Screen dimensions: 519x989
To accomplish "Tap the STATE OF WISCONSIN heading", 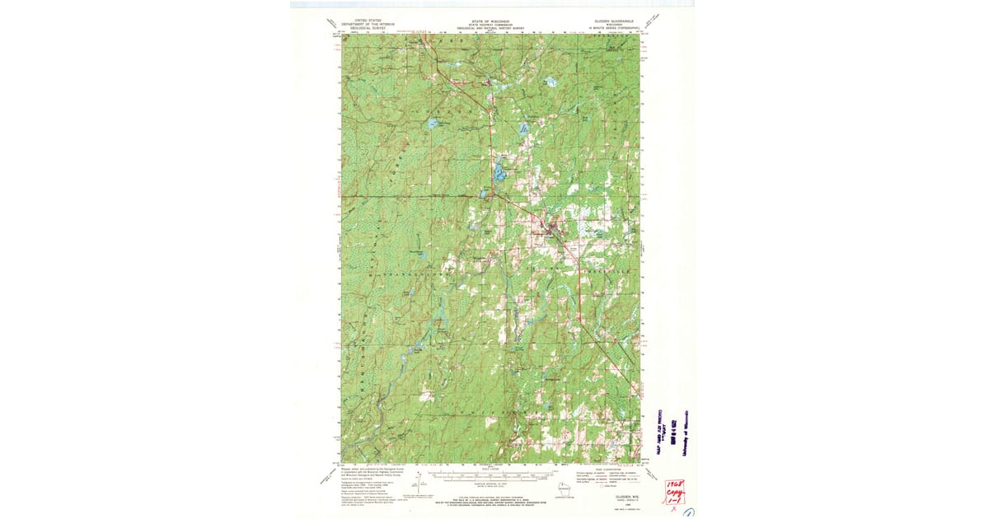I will coord(490,19).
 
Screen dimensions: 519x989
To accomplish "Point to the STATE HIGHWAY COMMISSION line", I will coord(490,23).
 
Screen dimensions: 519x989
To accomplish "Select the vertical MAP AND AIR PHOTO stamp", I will coord(659,429).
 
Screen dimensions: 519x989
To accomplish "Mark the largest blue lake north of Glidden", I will coord(499,173).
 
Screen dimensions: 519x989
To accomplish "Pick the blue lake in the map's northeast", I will coord(553,83).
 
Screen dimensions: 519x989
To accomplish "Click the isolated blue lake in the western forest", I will coord(431,124).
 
